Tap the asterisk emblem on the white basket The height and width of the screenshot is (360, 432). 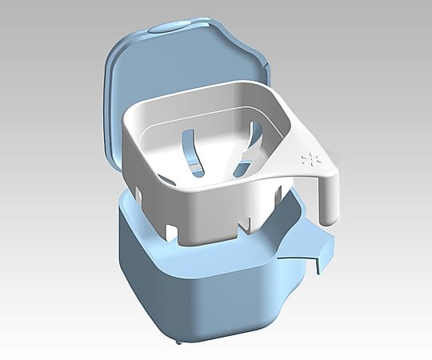(x=309, y=155)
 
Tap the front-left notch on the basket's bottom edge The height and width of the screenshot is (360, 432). (x=170, y=230)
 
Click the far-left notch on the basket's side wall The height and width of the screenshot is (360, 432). (x=136, y=191)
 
